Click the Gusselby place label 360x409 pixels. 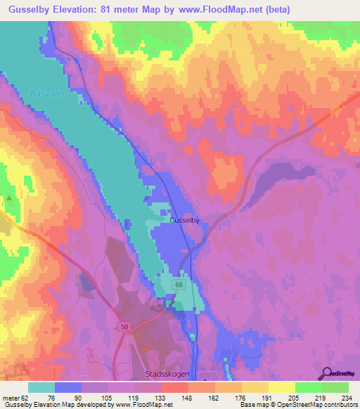coord(185,221)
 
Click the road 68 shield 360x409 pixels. coord(179,285)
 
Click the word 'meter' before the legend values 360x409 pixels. coord(11,398)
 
